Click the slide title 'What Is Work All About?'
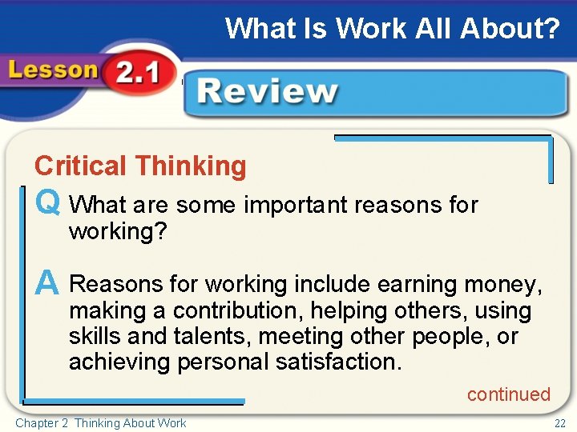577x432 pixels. [392, 29]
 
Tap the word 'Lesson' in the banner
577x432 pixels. [53, 70]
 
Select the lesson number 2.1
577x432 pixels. [137, 74]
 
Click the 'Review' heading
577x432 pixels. [268, 92]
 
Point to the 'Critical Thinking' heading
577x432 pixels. [140, 166]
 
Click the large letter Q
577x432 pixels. [47, 204]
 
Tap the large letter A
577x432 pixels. [47, 283]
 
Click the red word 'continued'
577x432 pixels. [509, 394]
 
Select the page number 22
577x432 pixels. [559, 422]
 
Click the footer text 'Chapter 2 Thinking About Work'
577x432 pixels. [101, 422]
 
